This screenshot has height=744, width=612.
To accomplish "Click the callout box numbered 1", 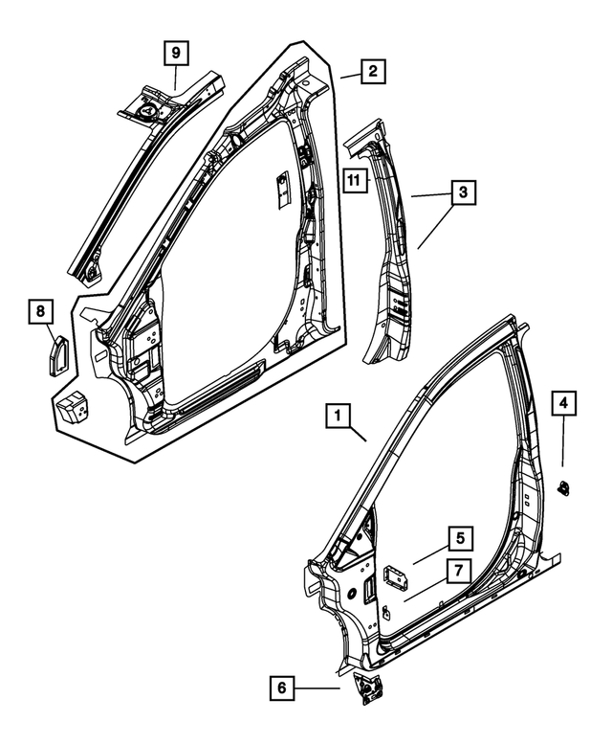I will (338, 417).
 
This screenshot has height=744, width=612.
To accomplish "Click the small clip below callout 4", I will (564, 486).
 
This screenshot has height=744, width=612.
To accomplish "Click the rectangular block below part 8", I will (71, 409).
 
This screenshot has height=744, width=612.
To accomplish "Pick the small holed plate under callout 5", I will (393, 576).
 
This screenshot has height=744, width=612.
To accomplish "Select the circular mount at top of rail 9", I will (150, 109).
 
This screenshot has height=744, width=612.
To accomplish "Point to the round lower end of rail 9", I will (93, 274).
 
